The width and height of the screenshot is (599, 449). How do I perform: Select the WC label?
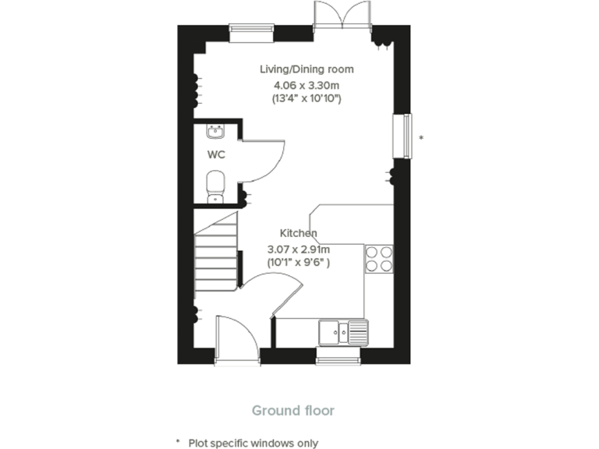click(x=216, y=154)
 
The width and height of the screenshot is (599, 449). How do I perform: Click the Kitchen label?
click(x=299, y=233)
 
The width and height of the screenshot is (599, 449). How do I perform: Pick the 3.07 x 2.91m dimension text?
click(x=299, y=249)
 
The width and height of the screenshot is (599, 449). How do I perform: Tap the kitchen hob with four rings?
click(x=379, y=258)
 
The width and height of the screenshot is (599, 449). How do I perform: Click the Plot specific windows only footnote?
click(x=252, y=442)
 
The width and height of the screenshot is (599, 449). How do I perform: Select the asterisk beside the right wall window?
click(x=421, y=138)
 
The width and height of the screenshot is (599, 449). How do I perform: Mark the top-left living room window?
click(x=251, y=30)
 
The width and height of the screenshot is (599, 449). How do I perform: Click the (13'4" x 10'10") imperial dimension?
click(x=307, y=99)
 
